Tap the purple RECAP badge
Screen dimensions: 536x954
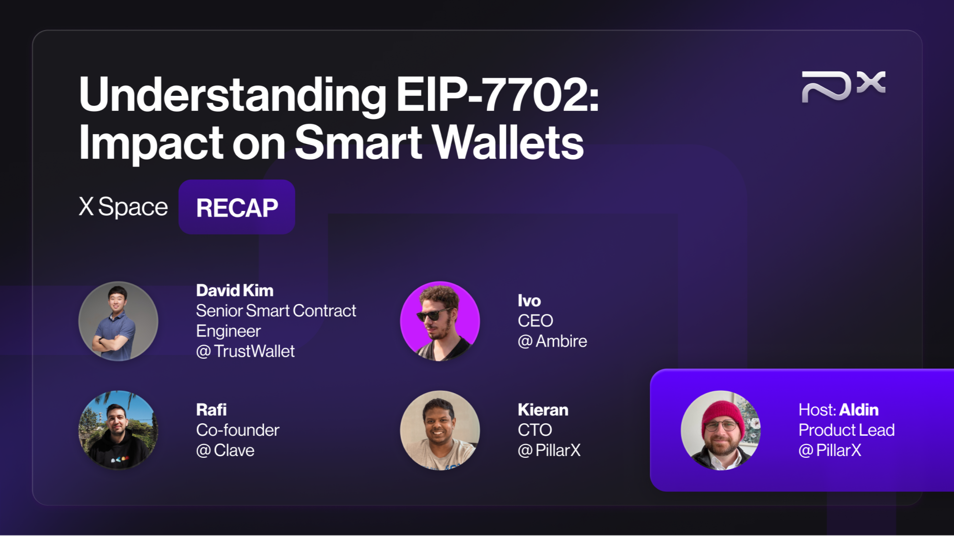(237, 208)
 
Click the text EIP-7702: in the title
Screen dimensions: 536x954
(497, 95)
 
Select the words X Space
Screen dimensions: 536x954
(123, 207)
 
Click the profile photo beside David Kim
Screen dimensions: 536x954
(118, 321)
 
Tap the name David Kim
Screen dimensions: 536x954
(234, 291)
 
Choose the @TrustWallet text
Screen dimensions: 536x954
(245, 351)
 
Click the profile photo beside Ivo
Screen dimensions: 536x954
(440, 321)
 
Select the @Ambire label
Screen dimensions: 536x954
(552, 341)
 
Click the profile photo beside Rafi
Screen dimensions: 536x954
(118, 430)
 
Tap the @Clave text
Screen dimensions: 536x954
(225, 451)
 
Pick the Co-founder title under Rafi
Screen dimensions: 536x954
(237, 430)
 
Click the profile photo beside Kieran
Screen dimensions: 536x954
(440, 430)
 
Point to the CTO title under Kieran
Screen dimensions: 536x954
(535, 430)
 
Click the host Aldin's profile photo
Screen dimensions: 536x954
(721, 430)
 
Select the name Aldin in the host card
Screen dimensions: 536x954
(859, 410)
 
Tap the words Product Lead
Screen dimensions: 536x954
(846, 430)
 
